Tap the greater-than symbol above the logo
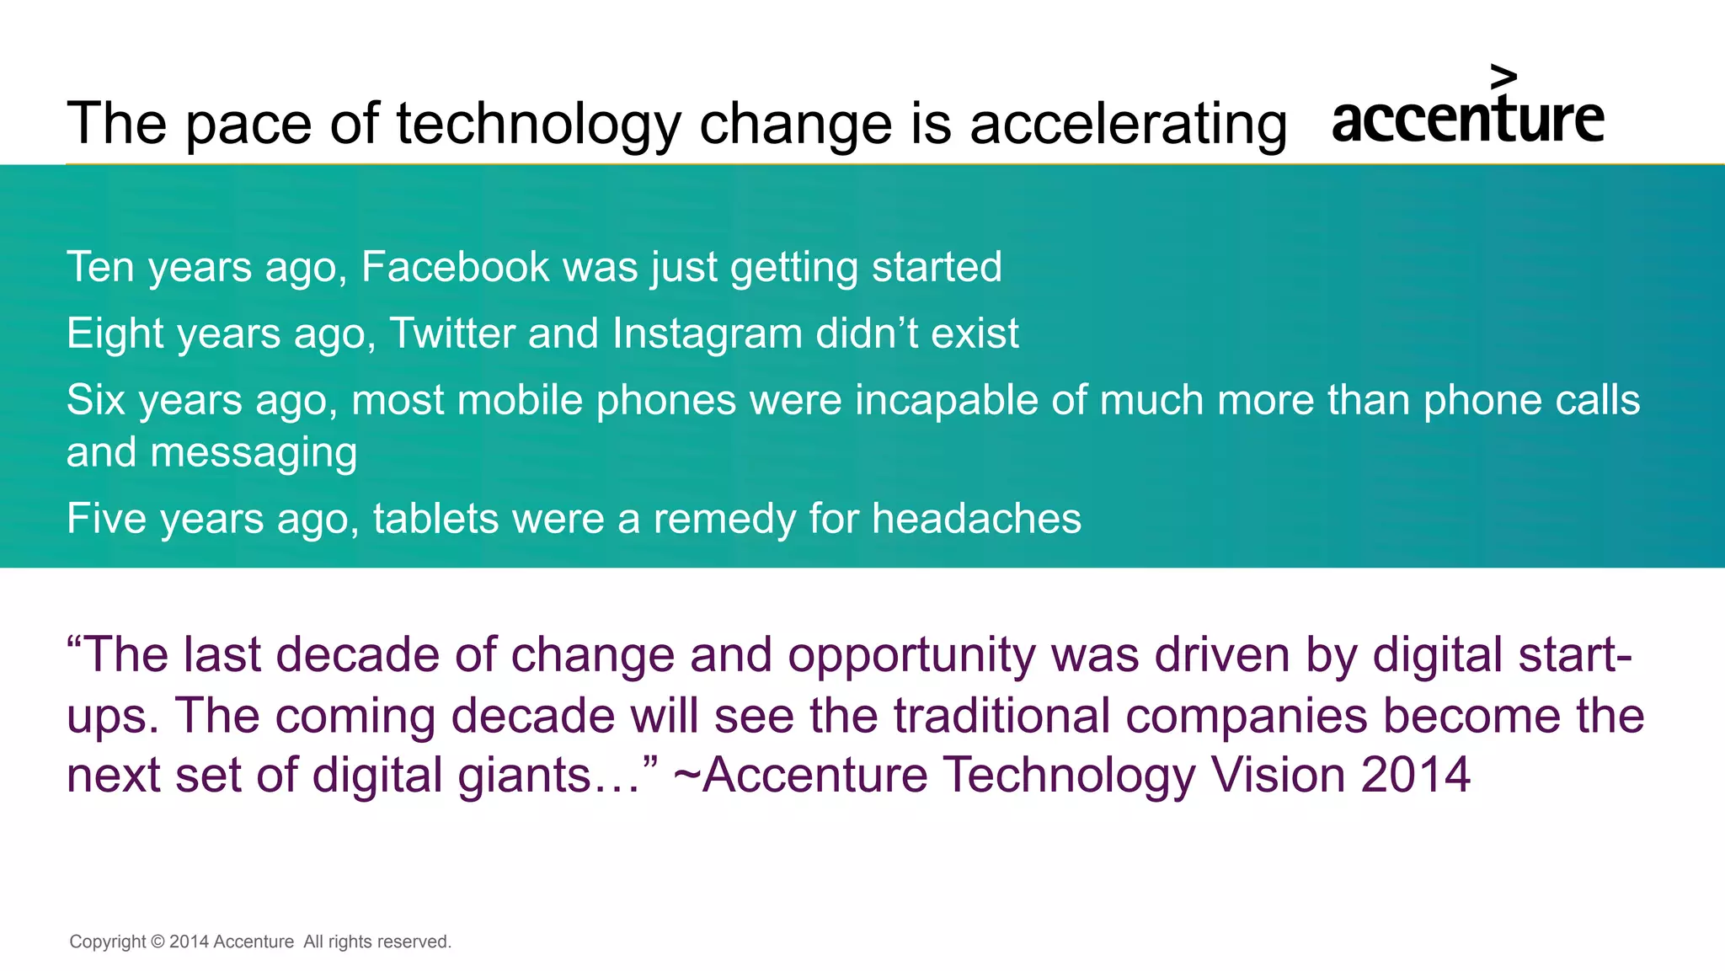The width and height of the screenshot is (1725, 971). [1503, 77]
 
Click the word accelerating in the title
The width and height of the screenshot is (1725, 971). [1129, 124]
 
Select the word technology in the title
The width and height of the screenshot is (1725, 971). [538, 124]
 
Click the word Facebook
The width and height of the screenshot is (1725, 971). [455, 267]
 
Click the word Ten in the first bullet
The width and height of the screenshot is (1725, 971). [100, 267]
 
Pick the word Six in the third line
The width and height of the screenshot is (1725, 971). [95, 400]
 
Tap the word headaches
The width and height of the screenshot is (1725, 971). [976, 519]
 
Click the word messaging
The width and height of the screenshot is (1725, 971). [254, 453]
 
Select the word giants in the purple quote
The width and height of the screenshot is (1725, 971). [525, 775]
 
